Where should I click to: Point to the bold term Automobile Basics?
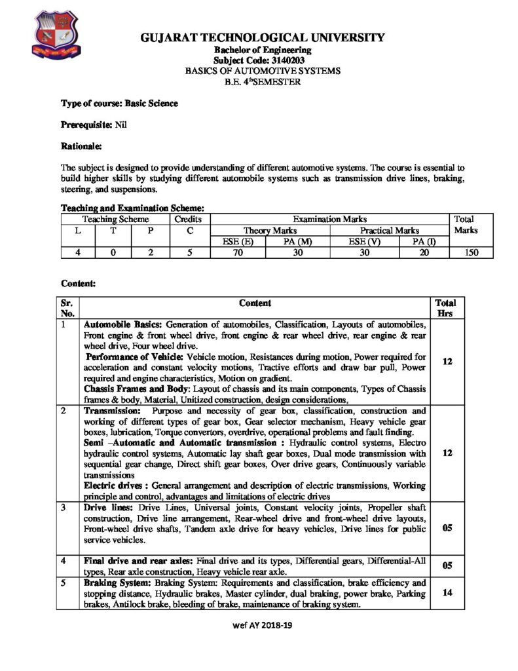(122, 324)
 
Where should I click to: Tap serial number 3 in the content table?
(64, 508)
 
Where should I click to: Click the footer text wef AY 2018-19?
(261, 625)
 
